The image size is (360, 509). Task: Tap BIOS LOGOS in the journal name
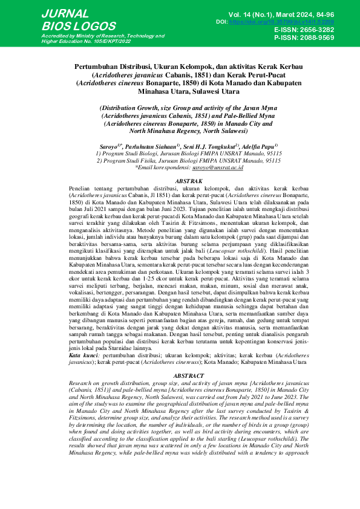78,27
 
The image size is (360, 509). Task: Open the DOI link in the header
281,22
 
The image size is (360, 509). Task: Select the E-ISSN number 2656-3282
312,30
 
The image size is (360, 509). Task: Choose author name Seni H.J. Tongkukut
211,146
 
